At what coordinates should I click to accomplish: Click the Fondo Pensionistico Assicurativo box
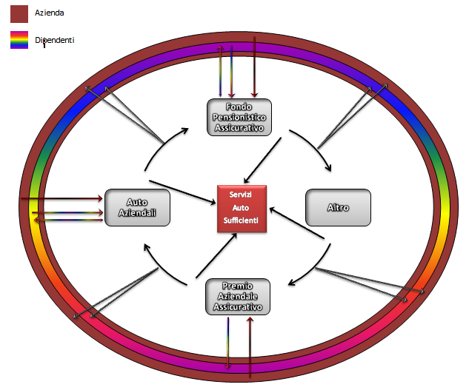coord(240,117)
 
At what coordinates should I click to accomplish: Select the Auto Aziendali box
coord(137,207)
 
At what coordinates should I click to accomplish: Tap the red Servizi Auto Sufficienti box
coord(242,209)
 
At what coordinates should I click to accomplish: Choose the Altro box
coord(338,207)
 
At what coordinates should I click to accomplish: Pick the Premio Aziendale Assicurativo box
coord(237,296)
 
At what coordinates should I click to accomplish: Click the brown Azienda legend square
coord(19,13)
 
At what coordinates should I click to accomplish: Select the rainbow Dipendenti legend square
coord(19,40)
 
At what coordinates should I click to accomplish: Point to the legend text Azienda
coord(50,13)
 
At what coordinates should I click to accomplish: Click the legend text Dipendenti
coord(55,40)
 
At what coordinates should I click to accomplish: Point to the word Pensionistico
coord(240,117)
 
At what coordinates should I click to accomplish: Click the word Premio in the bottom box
coord(237,286)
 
